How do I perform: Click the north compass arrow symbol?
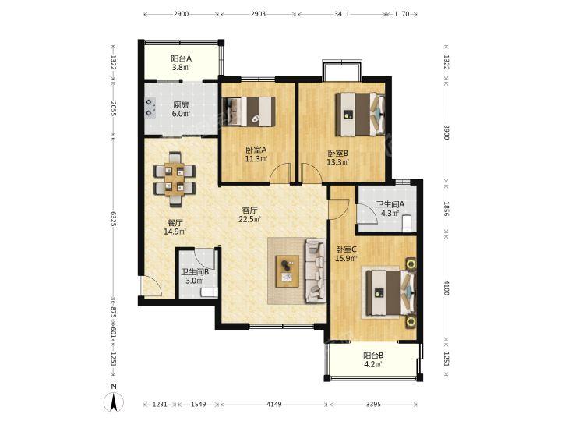114,402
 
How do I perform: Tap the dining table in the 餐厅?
175,179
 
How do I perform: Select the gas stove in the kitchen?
150,108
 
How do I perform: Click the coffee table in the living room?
288,271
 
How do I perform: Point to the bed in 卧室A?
249,111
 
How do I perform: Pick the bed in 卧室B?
360,115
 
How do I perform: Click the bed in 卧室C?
391,293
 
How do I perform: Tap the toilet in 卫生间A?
408,223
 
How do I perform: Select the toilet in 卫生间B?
210,292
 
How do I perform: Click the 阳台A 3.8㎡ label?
181,63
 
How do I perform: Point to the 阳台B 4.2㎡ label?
373,360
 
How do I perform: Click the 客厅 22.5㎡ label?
250,215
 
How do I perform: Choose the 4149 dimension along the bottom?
274,404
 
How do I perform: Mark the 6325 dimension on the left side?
114,219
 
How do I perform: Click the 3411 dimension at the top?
341,14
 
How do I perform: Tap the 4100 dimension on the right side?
446,288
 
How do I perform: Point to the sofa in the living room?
316,271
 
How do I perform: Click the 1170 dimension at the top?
401,14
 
